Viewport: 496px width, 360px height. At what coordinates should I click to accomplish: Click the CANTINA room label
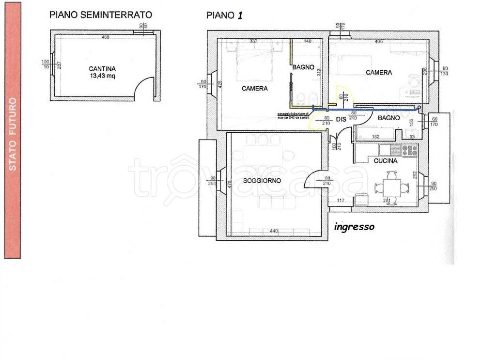(102, 69)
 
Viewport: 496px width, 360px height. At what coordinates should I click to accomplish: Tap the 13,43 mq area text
(102, 76)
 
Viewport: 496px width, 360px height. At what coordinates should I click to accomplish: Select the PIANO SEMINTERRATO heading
(101, 15)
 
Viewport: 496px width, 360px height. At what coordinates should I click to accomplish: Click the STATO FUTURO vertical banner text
(13, 134)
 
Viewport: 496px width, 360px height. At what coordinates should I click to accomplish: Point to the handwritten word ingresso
(354, 226)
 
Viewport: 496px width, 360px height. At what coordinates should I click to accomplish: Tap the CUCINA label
(386, 161)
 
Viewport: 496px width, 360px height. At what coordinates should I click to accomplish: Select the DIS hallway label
(341, 119)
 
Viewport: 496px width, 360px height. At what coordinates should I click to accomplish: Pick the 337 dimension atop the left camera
(253, 41)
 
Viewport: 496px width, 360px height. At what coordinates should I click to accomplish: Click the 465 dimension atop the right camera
(378, 41)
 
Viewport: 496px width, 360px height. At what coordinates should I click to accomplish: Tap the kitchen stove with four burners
(410, 150)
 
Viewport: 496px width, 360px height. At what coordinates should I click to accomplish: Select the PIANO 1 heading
(224, 15)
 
